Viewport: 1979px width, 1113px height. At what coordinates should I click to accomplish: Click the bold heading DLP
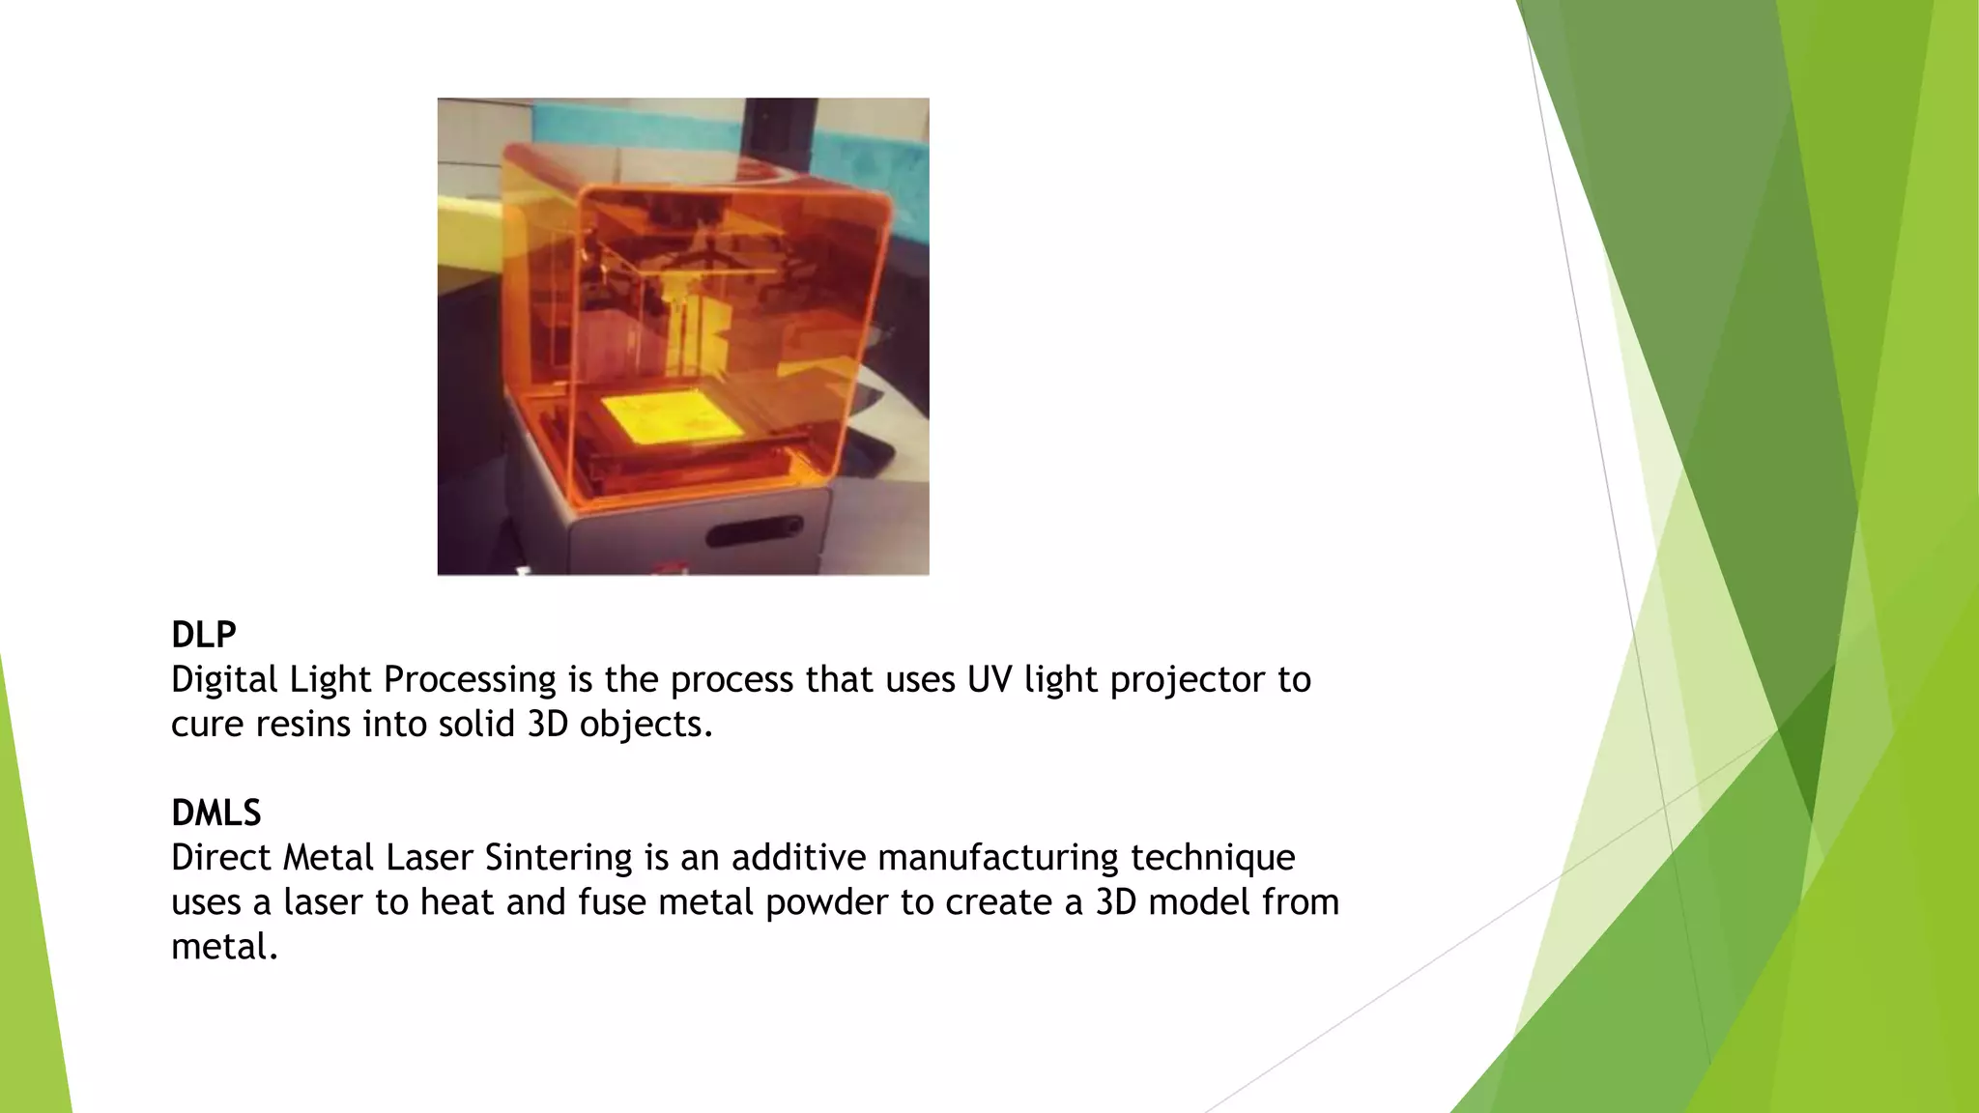[x=204, y=635]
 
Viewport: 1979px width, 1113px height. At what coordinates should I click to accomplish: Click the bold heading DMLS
[x=216, y=813]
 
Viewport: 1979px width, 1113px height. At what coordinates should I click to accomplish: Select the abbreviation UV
[x=989, y=680]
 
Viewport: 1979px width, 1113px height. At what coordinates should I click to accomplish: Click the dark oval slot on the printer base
[x=754, y=532]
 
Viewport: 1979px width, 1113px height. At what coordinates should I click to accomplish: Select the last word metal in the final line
[x=224, y=947]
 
